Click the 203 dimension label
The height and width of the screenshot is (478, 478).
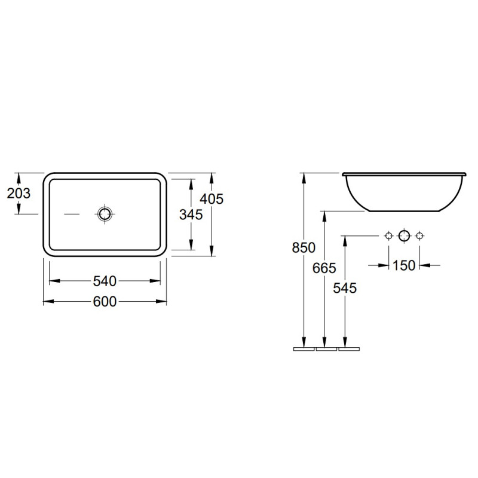(x=19, y=193)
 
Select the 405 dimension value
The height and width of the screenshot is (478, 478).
(x=212, y=199)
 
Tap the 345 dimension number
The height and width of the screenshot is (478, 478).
(x=191, y=215)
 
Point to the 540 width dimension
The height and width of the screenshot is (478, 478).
(x=105, y=281)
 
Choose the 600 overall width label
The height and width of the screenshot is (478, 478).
(x=105, y=302)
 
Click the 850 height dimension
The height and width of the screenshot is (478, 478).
(x=304, y=247)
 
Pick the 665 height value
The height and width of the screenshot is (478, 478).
(x=324, y=268)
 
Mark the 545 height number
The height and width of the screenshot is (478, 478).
(x=345, y=288)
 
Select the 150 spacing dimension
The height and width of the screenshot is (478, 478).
(x=404, y=265)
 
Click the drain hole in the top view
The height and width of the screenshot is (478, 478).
(x=105, y=214)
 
